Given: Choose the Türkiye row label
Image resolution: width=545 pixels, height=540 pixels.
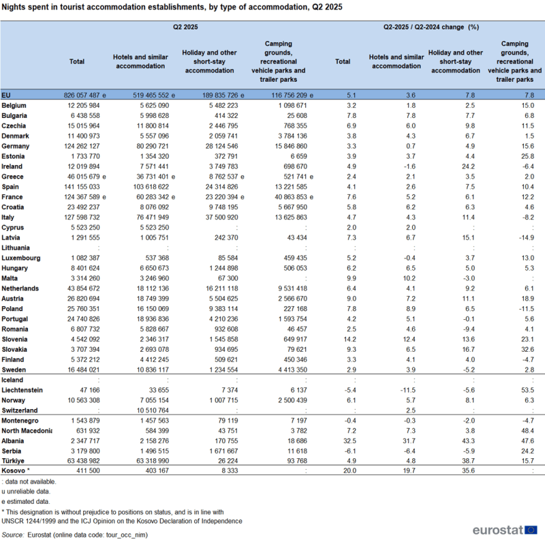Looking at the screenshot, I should (14, 461).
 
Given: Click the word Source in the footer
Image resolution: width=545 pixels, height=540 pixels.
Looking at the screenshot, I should (12, 535).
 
